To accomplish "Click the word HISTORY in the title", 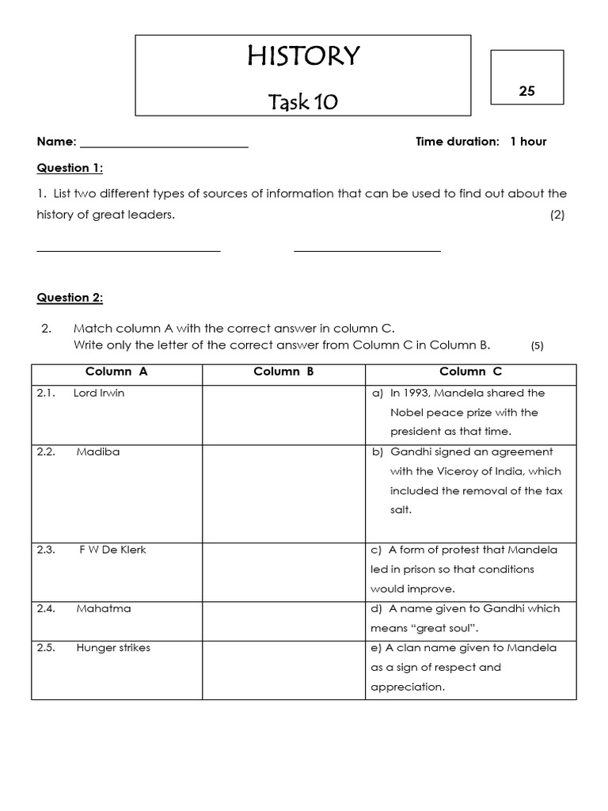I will click(303, 56).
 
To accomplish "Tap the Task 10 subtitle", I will click(303, 102).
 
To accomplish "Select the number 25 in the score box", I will click(527, 91).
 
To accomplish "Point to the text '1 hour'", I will click(528, 142).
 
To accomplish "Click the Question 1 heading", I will click(70, 168).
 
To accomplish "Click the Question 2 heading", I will click(70, 298).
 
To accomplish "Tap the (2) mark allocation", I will click(557, 215).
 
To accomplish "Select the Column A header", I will click(116, 371).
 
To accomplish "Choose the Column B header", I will click(283, 371).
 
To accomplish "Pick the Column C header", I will click(470, 371).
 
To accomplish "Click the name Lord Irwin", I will click(99, 393).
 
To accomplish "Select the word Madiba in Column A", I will click(98, 451).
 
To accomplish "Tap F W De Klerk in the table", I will click(112, 550).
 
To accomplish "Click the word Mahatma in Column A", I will click(104, 608).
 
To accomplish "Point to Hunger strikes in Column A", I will click(113, 648).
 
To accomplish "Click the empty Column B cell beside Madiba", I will click(283, 491).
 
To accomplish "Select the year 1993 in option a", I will click(415, 393).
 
